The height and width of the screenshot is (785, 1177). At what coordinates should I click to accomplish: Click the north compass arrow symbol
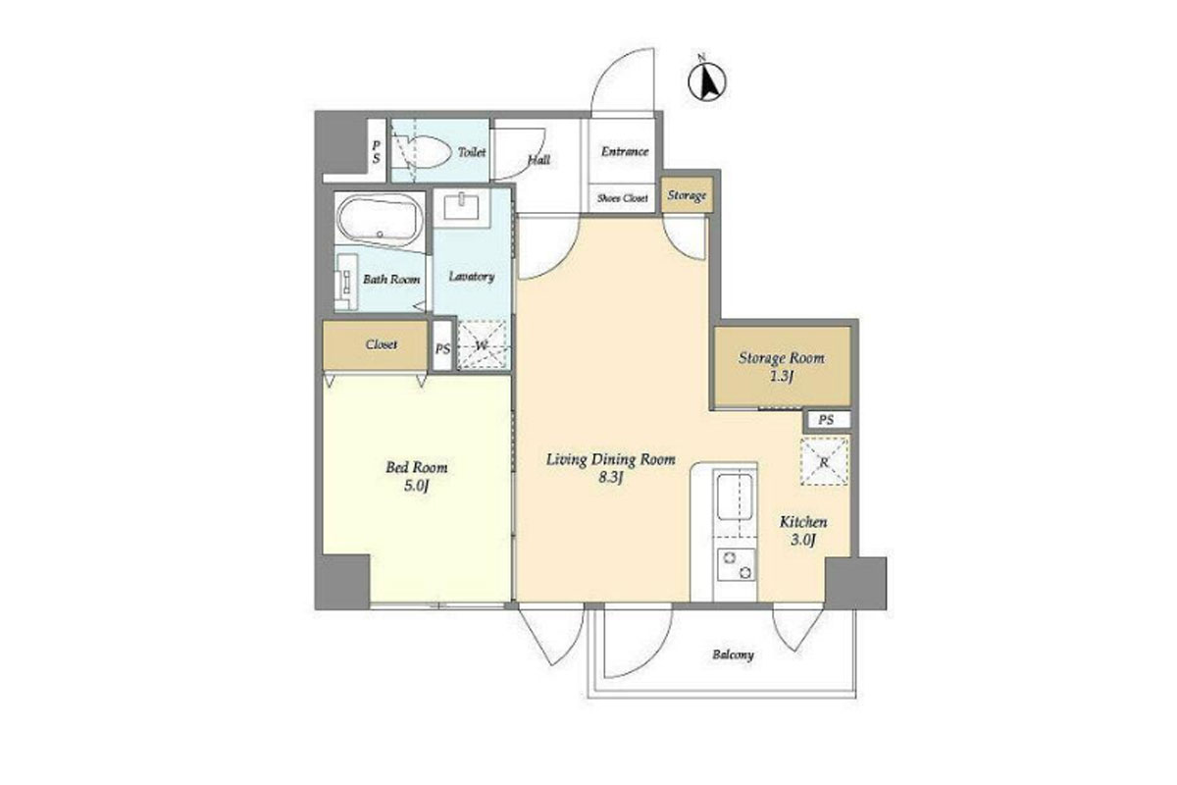[707, 80]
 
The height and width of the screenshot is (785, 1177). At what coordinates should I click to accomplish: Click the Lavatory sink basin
[461, 206]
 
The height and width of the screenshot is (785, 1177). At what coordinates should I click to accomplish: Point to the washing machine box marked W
[483, 345]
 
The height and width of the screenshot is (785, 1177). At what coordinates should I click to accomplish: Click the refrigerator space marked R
[824, 461]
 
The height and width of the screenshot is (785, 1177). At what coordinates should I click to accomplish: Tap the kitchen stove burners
[737, 564]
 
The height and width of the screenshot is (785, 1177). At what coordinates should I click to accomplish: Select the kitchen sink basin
[735, 497]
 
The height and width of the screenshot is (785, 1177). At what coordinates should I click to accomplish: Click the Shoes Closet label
[622, 198]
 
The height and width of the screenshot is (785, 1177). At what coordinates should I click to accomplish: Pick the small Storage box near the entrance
[687, 195]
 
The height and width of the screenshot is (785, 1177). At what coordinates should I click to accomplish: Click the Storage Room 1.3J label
[782, 366]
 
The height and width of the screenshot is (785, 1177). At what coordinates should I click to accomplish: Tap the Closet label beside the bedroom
[381, 344]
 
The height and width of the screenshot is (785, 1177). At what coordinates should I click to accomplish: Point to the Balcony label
[733, 654]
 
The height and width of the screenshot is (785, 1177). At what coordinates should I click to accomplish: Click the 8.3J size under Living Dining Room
[610, 478]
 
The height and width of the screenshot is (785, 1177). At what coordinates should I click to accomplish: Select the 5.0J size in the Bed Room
[417, 486]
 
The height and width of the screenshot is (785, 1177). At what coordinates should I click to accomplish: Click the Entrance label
[625, 151]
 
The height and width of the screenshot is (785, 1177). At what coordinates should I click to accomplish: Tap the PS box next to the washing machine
[443, 345]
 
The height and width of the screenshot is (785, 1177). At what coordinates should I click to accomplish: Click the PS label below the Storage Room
[826, 420]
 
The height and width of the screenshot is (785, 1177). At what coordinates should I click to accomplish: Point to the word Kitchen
[803, 522]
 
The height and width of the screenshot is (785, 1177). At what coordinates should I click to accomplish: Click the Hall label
[538, 159]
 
